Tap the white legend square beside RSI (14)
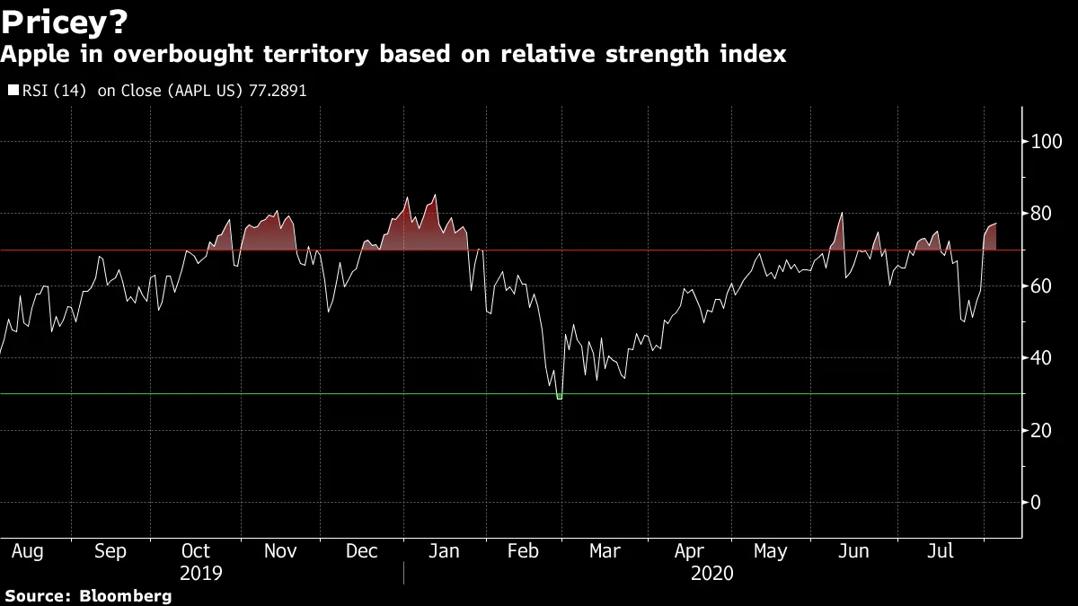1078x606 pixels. (13, 91)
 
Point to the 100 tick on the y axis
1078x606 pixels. (1047, 142)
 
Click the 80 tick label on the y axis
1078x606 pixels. (1042, 214)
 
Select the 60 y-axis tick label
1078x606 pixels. (1042, 286)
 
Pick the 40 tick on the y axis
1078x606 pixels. (1042, 358)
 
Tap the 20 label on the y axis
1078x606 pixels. (1042, 430)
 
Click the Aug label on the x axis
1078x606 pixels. (27, 551)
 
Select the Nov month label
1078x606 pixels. (281, 551)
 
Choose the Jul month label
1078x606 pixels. (939, 551)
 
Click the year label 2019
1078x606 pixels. (201, 573)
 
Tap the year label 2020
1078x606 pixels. (712, 573)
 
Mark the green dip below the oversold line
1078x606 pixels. (560, 396)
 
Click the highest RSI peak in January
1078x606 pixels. (436, 196)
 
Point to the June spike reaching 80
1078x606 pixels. (842, 214)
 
